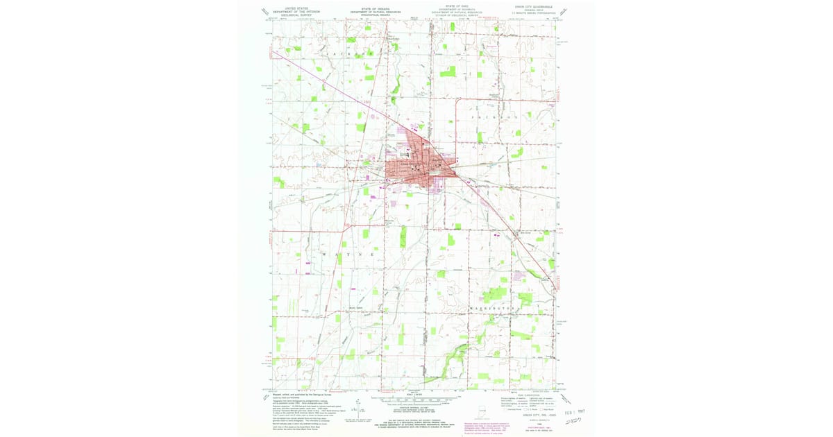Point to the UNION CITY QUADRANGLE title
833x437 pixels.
[x=528, y=6]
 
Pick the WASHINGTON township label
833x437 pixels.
[x=484, y=305]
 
